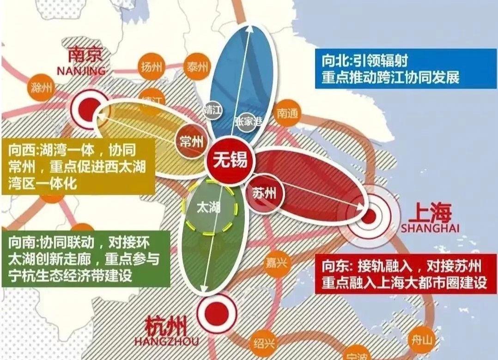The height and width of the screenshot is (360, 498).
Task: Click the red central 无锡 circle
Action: point(227,160)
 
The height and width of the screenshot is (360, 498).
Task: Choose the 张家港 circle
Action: point(248,121)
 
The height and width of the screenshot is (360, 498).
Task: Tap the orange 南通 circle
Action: point(287,113)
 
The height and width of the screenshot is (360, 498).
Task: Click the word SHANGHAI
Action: point(430,228)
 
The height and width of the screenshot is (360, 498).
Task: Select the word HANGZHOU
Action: point(166,342)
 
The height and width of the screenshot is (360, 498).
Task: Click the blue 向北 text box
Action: point(393,68)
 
